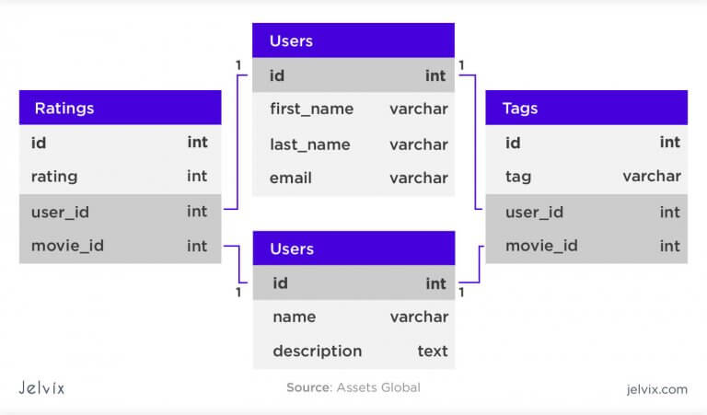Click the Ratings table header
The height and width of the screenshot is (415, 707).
tap(120, 108)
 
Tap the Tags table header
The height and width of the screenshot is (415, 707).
tap(586, 108)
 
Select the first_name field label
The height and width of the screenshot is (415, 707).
tap(311, 110)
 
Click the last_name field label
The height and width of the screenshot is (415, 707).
tap(309, 144)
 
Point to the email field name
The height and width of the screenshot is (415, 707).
tap(290, 178)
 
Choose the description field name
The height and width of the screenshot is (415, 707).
tap(317, 351)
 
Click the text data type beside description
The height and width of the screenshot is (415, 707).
tap(433, 351)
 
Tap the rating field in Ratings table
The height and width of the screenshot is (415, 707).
tap(54, 177)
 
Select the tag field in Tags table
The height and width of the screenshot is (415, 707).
tap(518, 177)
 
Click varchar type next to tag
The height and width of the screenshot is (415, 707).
tap(652, 176)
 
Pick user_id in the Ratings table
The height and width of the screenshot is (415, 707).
tap(60, 213)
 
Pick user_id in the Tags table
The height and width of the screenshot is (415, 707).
tap(534, 213)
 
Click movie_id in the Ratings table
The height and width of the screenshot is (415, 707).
tap(67, 246)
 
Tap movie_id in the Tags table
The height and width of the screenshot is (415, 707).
tap(541, 246)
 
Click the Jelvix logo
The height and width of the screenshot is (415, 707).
tap(41, 388)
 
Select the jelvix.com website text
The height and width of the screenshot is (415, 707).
tap(657, 389)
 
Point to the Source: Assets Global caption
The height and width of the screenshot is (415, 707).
tap(353, 387)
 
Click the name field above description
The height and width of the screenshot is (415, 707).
tap(294, 317)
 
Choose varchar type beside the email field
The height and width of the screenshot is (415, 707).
tap(419, 178)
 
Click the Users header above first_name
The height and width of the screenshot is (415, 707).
tap(353, 40)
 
